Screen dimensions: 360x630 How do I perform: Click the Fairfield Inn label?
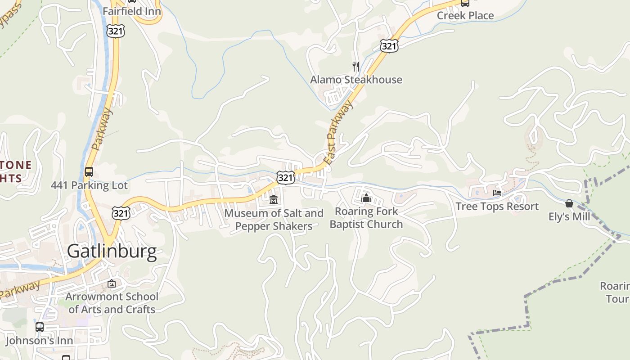coord(132,11)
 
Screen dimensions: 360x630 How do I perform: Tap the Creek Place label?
coord(465,16)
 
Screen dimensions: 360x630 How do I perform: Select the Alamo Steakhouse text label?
coord(356,80)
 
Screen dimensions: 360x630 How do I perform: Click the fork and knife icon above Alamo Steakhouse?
coord(356,67)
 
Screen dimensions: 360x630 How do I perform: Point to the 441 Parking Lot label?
coord(89,185)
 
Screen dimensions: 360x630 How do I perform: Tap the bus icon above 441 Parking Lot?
coord(89,171)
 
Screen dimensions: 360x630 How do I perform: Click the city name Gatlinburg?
coord(112,251)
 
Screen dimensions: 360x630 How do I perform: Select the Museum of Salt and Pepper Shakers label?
coord(274,220)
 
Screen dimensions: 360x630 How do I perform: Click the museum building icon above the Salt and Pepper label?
coord(273,199)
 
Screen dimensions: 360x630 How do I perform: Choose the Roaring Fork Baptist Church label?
coord(366,218)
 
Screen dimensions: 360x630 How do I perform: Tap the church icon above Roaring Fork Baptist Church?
coord(366,198)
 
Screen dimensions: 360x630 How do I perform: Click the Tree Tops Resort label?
coord(497,207)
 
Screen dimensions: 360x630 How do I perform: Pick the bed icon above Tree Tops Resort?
coord(497,193)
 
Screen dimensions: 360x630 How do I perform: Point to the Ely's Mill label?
coord(569,217)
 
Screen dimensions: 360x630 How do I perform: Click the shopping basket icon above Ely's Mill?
coord(569,203)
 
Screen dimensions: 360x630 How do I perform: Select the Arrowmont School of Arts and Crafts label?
coord(112,303)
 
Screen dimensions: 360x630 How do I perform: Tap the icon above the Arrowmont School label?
coord(112,283)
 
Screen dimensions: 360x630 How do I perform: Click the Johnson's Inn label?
coord(39,341)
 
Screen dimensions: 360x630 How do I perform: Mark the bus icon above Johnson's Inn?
coord(40,327)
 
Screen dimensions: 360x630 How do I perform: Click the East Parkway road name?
coord(338,132)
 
